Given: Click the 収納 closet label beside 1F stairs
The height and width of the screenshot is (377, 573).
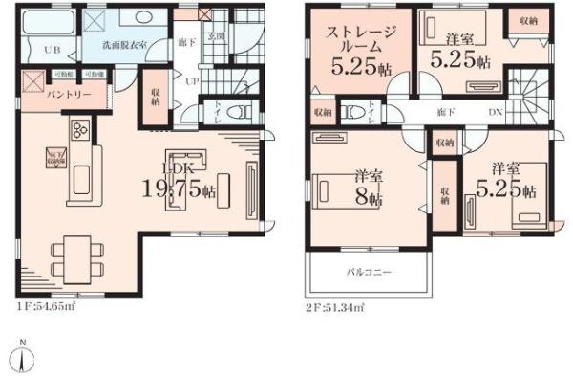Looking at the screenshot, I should pyautogui.click(x=156, y=100).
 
